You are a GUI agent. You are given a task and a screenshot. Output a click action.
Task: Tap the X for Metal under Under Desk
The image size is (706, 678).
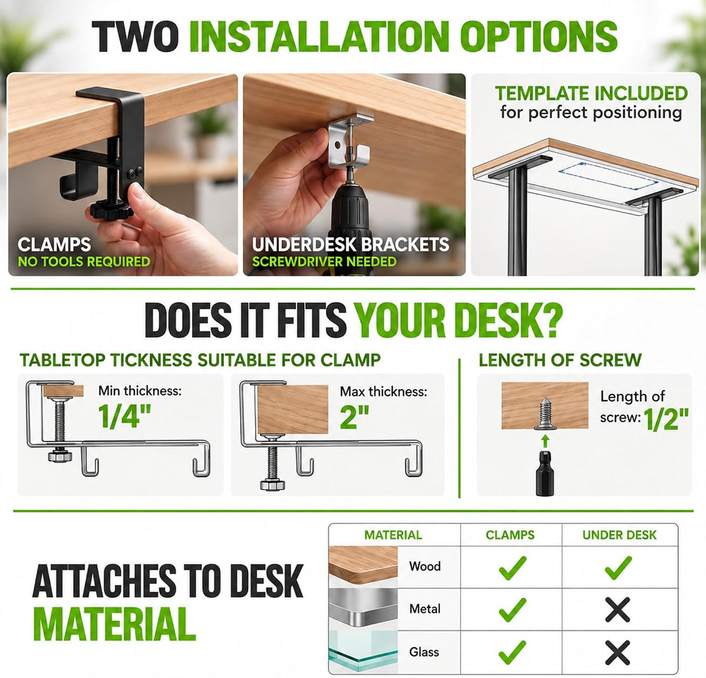click(618, 609)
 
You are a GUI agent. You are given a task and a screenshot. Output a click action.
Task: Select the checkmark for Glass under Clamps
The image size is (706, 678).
click(512, 652)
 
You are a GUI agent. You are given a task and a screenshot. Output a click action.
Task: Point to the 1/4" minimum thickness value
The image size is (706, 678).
click(125, 416)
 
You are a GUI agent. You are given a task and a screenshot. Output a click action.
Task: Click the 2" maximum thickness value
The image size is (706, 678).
click(354, 417)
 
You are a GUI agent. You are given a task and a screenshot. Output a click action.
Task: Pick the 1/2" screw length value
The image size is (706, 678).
click(666, 419)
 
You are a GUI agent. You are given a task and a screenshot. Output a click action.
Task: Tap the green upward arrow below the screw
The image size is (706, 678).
click(545, 442)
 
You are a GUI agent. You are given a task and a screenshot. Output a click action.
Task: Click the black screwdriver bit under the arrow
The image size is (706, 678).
click(545, 473)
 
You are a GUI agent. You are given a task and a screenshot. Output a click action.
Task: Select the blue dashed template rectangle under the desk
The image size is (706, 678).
click(608, 175)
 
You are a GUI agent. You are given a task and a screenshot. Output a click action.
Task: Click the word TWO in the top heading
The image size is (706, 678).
click(135, 36)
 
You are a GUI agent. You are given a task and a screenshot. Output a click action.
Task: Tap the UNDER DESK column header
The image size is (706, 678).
click(620, 535)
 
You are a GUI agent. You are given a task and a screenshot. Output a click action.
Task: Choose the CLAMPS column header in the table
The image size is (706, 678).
click(510, 535)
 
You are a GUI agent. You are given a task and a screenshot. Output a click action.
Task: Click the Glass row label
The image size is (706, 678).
click(424, 652)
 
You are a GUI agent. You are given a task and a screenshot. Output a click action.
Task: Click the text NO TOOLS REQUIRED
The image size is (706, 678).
click(84, 262)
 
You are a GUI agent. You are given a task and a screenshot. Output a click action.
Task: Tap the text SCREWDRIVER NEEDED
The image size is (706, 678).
click(324, 262)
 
